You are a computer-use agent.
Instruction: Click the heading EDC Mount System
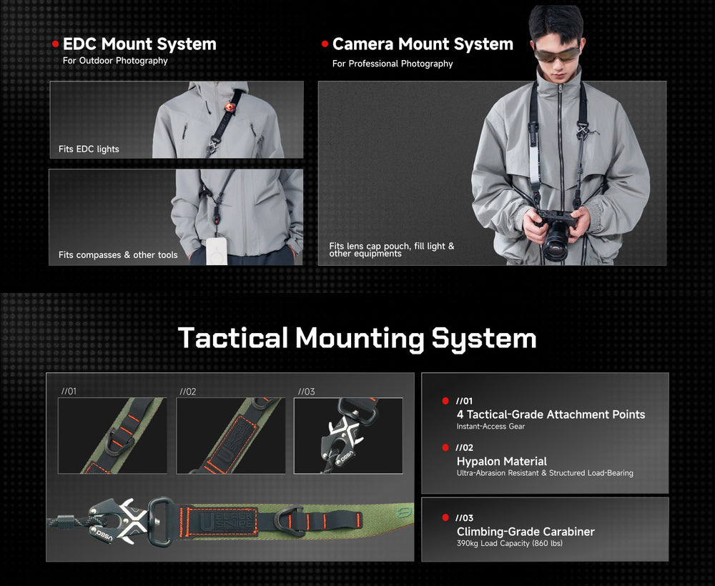pos(139,44)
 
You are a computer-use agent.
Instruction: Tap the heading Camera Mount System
pos(423,44)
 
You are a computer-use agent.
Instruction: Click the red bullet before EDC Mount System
pos(56,44)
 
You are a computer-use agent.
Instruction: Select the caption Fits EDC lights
pos(89,149)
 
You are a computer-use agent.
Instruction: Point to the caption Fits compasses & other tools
pos(118,254)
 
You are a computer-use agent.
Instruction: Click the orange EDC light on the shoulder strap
pos(230,107)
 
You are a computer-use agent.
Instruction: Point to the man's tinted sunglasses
pos(557,54)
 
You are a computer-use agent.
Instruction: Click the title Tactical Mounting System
pos(357,338)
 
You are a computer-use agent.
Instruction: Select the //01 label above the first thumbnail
pos(69,391)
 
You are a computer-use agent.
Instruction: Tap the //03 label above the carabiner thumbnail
pos(307,392)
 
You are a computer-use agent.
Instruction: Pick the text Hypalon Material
pos(502,461)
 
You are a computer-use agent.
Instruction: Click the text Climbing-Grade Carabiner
pos(526,531)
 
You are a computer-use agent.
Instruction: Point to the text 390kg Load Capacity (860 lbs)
pos(509,543)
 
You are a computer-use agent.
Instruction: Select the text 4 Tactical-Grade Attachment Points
pos(551,414)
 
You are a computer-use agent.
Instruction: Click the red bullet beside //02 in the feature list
pos(445,447)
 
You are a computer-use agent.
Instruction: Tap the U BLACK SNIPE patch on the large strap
pos(222,521)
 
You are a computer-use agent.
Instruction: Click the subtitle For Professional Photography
pos(393,64)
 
